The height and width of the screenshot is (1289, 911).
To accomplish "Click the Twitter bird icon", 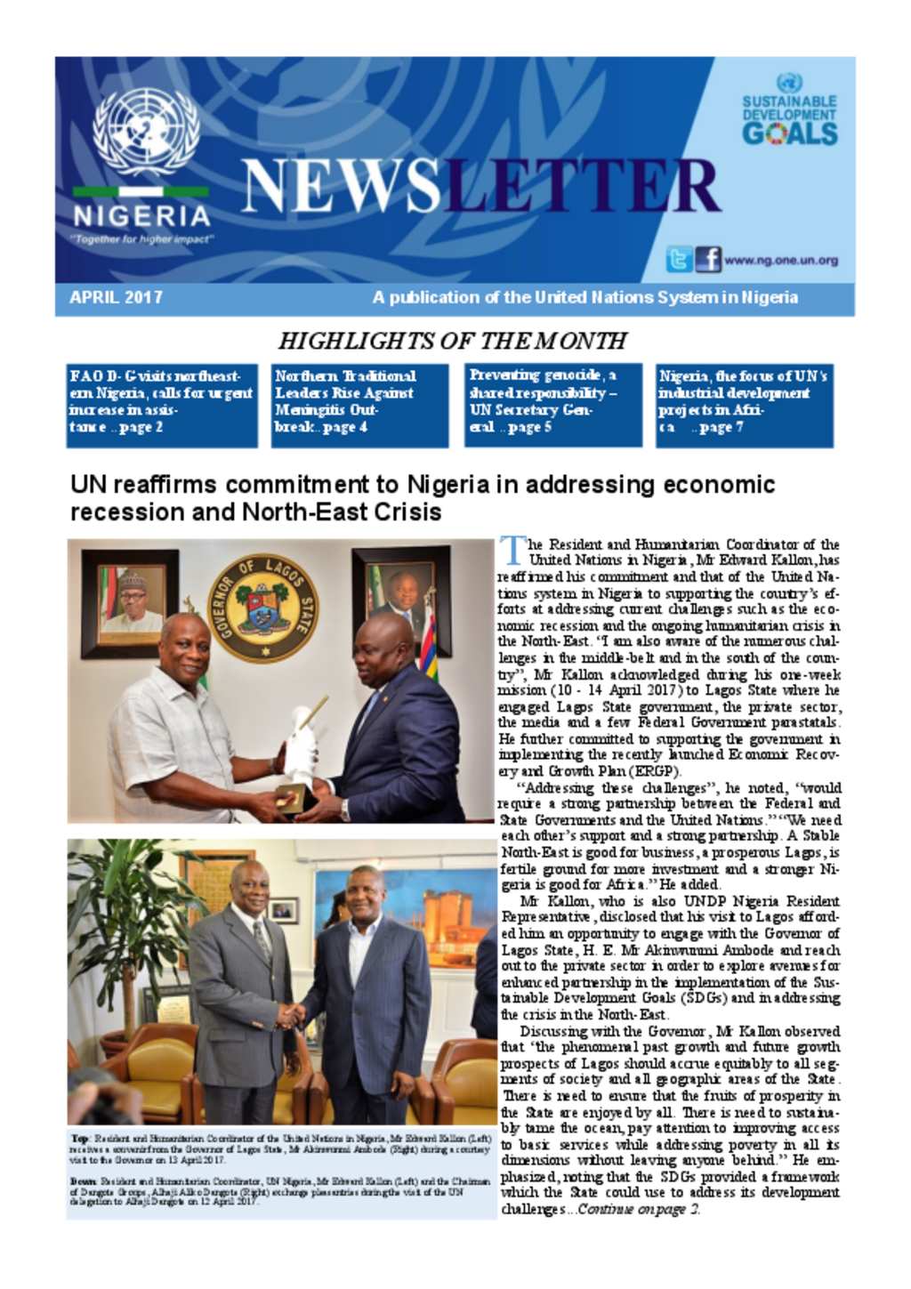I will point(679,260).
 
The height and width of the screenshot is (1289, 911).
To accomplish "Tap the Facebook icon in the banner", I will point(708,260).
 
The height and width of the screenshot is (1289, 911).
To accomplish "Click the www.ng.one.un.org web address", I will point(780,261).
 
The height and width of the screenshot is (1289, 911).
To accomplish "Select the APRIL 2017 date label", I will point(116,298).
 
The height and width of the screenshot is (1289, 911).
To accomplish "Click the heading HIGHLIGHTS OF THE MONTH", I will point(452,342).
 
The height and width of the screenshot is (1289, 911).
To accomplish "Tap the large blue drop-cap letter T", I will point(511,550).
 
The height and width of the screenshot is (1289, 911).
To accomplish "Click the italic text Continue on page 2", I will point(637,1210).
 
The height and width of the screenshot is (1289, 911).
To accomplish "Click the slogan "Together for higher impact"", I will point(141,239).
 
